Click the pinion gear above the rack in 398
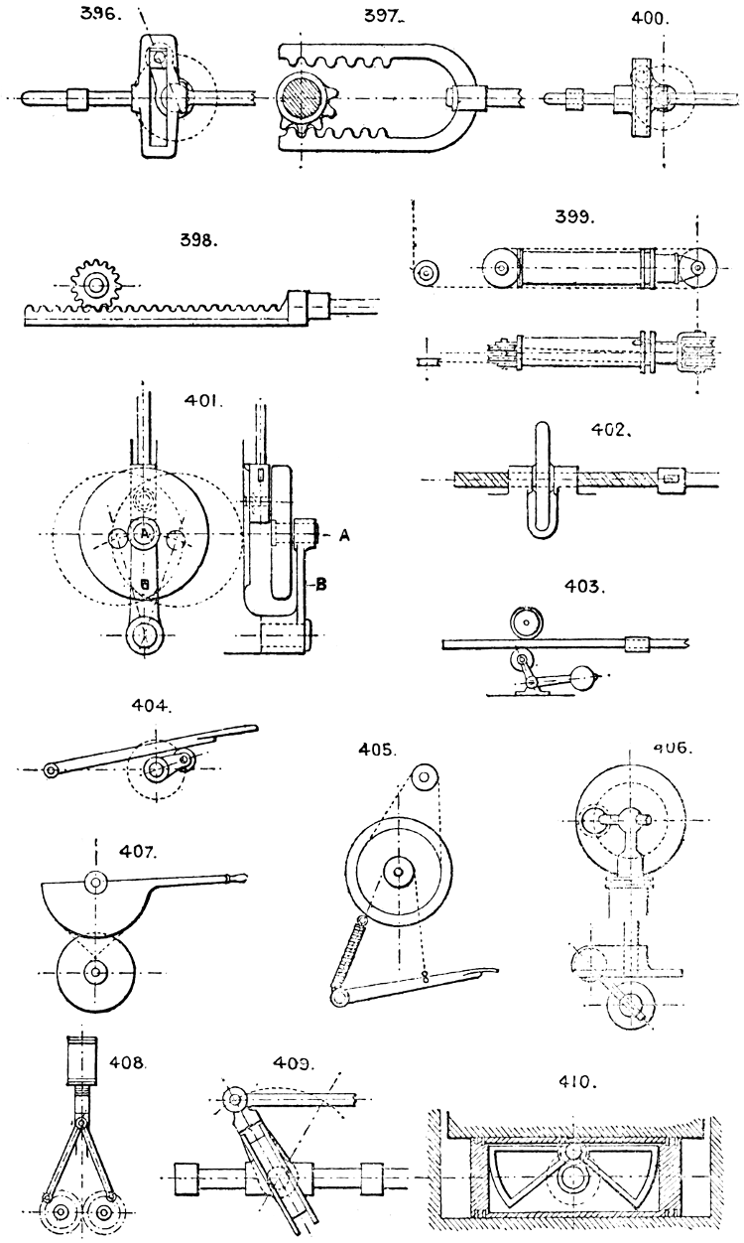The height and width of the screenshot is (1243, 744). [95, 286]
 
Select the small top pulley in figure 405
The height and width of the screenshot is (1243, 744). [425, 775]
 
